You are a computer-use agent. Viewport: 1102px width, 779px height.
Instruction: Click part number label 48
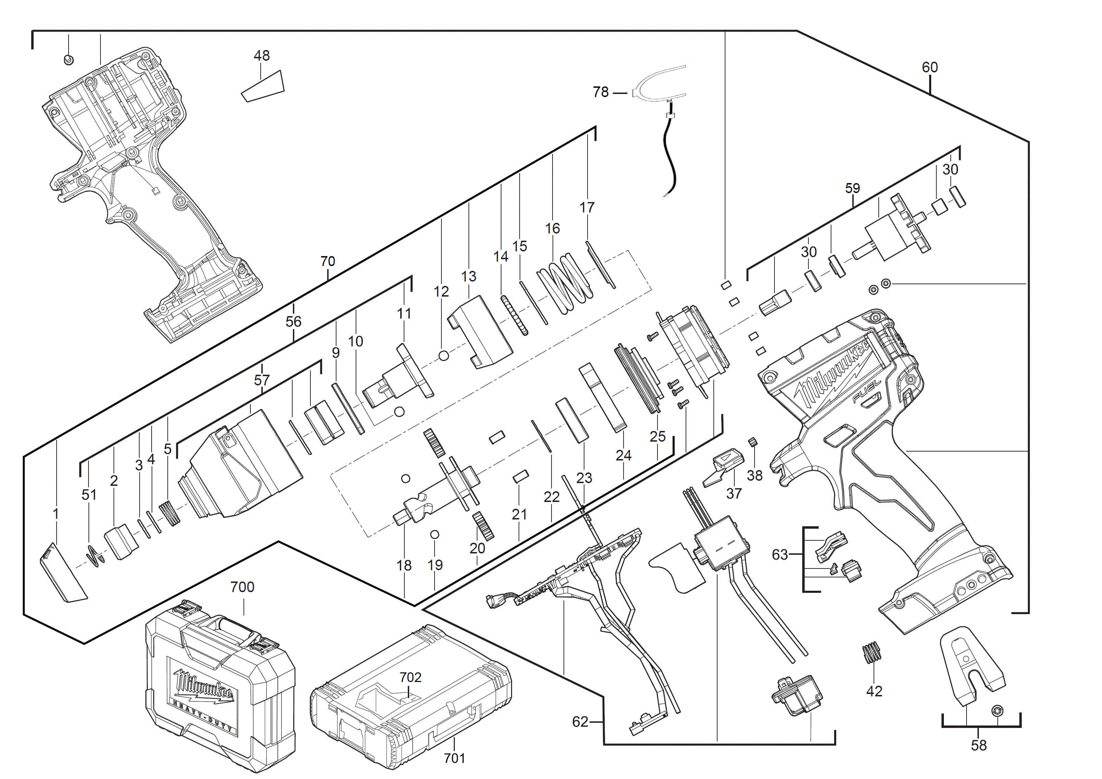[262, 56]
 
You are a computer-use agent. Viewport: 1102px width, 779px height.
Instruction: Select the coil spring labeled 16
[565, 286]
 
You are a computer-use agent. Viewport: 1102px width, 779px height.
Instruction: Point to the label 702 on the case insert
[410, 677]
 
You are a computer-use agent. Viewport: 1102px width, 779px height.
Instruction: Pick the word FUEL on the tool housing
[866, 391]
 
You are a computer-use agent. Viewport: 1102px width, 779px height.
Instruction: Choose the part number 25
[657, 436]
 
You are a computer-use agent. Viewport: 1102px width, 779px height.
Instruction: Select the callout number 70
[328, 261]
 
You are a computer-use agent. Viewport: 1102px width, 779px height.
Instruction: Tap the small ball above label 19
[435, 535]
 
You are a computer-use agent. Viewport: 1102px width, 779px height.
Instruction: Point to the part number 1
[56, 514]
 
